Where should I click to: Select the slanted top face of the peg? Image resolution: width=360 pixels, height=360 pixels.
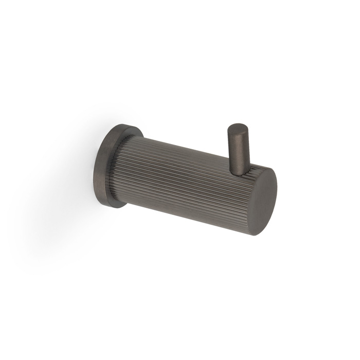click(x=237, y=128)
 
